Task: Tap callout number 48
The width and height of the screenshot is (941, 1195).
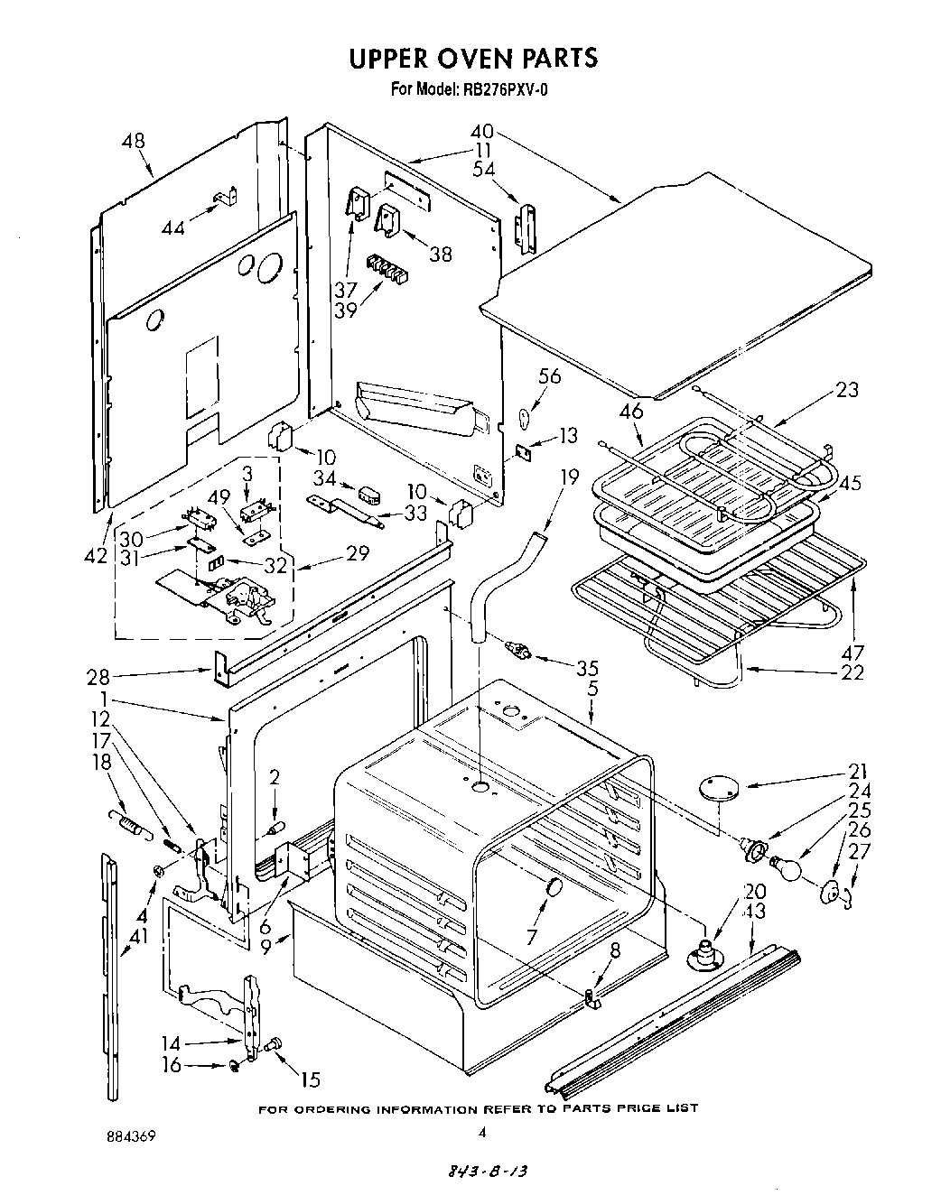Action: pyautogui.click(x=133, y=142)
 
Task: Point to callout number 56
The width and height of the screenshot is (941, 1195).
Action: pyautogui.click(x=549, y=375)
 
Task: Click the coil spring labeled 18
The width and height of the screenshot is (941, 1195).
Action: pyautogui.click(x=129, y=822)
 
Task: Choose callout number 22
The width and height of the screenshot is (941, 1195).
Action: pyautogui.click(x=852, y=672)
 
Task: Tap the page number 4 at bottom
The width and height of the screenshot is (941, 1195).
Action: pyautogui.click(x=482, y=1132)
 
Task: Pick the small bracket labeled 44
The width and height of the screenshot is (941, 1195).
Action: pyautogui.click(x=225, y=198)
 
